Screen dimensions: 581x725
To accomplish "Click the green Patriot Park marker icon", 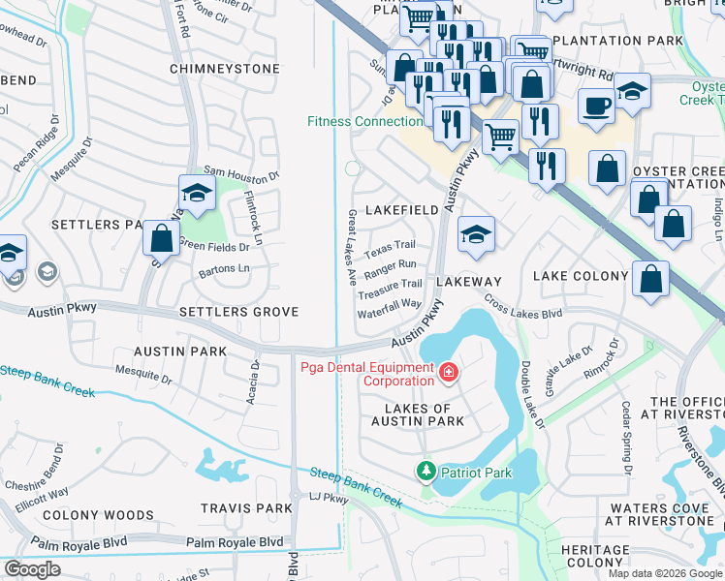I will [x=425, y=472].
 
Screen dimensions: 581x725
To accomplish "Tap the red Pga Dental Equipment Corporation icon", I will [x=448, y=372].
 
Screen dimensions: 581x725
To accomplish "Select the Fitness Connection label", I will [x=364, y=121].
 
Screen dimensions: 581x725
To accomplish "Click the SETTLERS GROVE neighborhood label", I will [x=238, y=312].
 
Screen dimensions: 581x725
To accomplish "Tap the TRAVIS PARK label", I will [x=246, y=507].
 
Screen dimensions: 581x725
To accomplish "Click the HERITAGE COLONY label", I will [x=594, y=556].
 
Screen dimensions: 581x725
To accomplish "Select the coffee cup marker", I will [x=596, y=105].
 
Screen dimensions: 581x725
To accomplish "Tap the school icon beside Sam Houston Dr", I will [x=197, y=194].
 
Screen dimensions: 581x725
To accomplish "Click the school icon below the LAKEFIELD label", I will [x=476, y=235].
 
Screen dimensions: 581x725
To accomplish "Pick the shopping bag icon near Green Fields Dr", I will [x=160, y=238].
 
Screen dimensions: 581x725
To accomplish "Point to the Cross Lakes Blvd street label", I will [x=523, y=307].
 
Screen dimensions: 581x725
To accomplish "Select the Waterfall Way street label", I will [x=390, y=303].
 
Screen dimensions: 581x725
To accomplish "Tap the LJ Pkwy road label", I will [x=328, y=498].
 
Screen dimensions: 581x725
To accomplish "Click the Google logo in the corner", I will [x=33, y=569].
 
